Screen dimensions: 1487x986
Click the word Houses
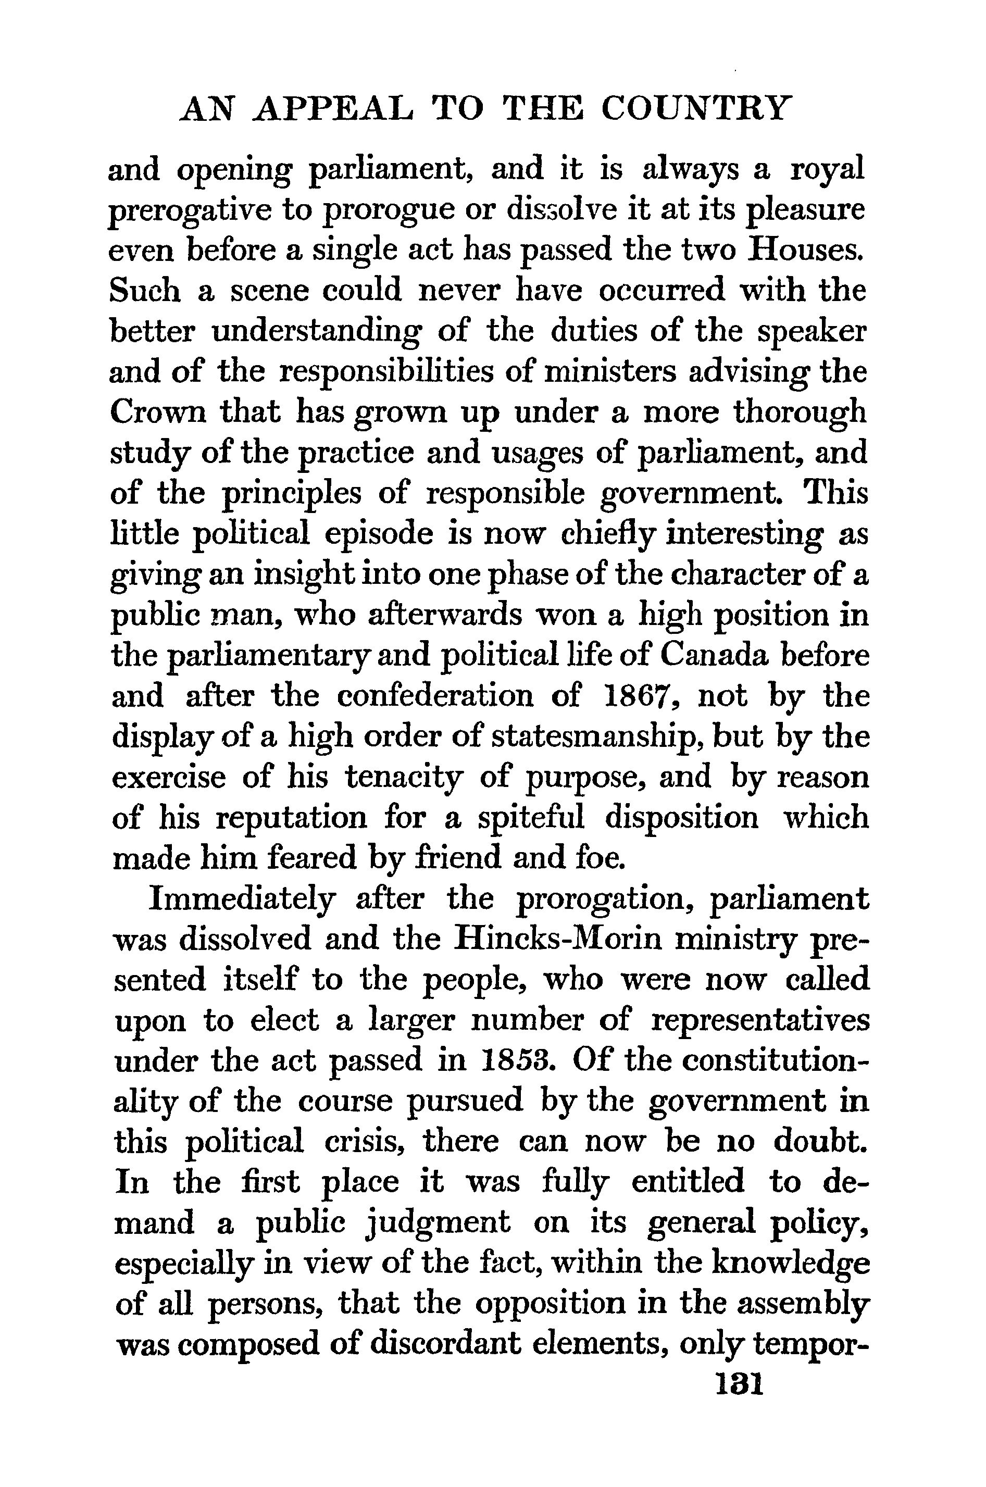click(804, 249)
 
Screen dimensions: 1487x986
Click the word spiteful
click(531, 817)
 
